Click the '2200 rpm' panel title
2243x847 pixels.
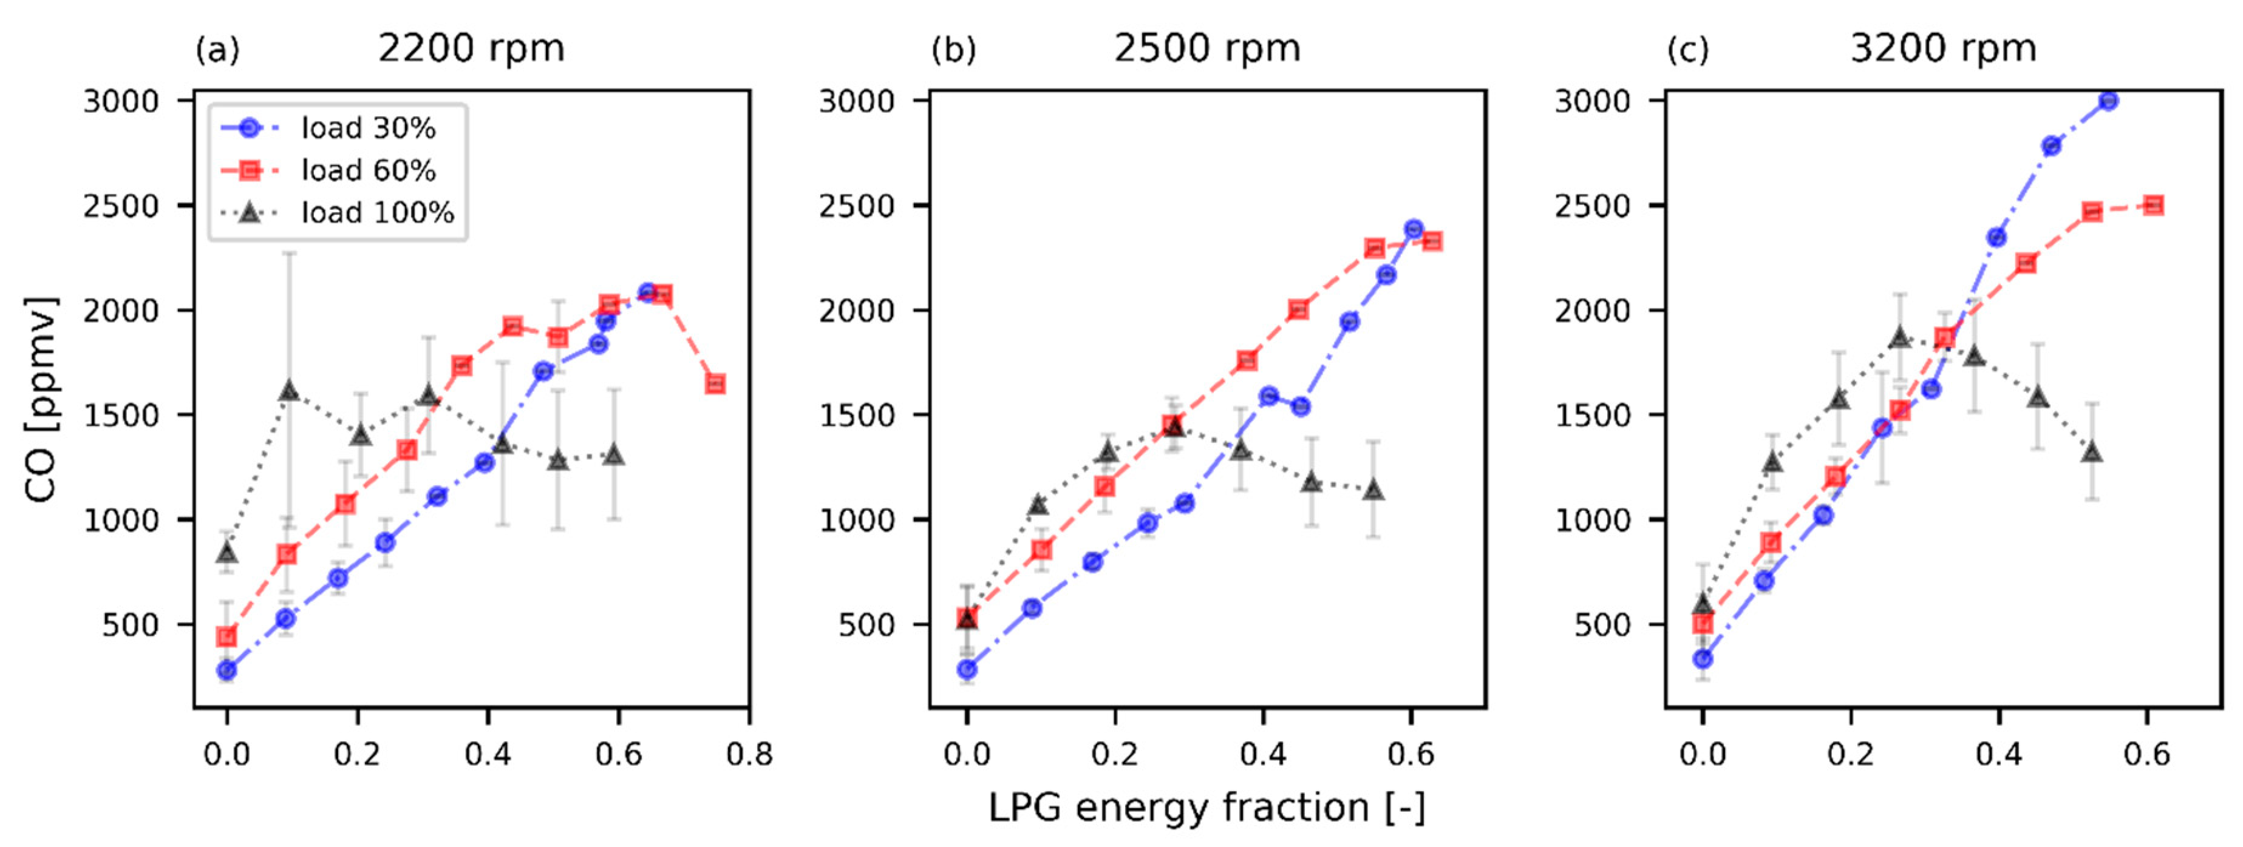click(471, 48)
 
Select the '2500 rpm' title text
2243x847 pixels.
click(1207, 48)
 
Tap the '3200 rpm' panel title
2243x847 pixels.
click(1942, 48)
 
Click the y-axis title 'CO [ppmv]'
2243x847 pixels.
click(41, 400)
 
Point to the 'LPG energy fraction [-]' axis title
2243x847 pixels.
click(1207, 807)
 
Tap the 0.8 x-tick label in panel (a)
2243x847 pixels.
click(749, 754)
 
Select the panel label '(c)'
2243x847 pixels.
click(1687, 50)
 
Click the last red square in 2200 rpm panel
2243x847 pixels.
click(715, 384)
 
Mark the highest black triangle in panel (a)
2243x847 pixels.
click(289, 391)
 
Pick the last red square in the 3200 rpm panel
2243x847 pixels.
click(2153, 206)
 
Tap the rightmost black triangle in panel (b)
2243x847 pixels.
click(1373, 490)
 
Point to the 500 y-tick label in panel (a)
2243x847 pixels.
click(130, 625)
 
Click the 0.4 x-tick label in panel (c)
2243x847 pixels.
click(1998, 754)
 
